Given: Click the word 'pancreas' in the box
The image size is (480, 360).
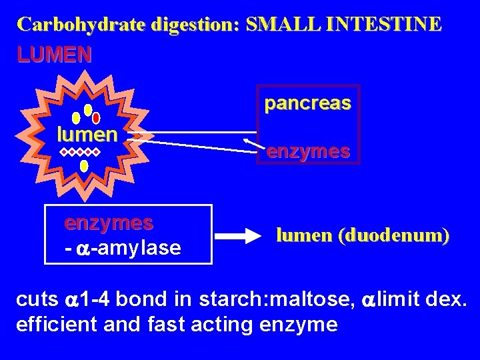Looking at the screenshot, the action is (x=307, y=104).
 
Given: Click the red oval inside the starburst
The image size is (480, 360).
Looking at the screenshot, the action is (x=96, y=117).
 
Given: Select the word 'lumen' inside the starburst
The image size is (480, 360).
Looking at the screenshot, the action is (x=87, y=135).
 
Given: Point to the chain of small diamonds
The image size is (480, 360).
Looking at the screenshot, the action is (x=79, y=153).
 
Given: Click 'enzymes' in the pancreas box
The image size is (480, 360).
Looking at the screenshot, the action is (x=308, y=152).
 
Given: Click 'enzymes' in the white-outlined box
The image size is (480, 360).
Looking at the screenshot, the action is (x=109, y=222).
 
